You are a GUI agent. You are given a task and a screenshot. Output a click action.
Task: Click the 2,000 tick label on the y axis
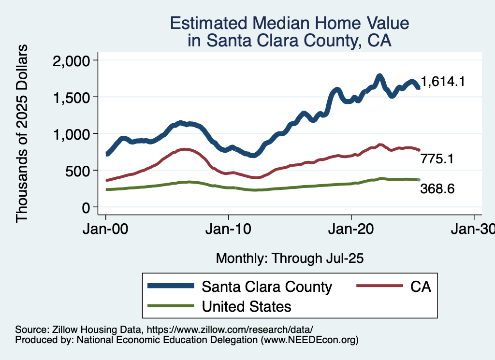coord(71,60)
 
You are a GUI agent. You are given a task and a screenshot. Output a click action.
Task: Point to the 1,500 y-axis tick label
coord(71,97)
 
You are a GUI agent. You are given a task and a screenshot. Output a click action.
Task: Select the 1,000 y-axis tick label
coord(71,134)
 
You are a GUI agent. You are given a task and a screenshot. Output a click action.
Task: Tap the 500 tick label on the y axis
coord(78,171)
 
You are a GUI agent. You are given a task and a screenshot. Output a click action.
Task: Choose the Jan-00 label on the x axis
coord(106,230)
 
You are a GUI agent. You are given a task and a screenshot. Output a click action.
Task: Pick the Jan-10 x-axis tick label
coord(229,230)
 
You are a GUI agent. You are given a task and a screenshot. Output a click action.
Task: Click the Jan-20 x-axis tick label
coord(351,230)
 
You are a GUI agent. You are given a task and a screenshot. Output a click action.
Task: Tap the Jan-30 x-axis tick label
coord(473,230)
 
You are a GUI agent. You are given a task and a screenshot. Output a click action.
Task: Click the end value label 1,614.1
coord(443,82)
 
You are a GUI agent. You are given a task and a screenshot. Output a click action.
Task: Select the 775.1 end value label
coord(437,158)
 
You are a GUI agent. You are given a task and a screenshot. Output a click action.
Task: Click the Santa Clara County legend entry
coord(267,287)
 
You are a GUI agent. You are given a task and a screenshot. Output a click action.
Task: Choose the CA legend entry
coord(420,287)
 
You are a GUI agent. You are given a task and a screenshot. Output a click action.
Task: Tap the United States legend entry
coord(246,306)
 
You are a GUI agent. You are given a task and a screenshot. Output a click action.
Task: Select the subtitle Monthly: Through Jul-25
coord(290,258)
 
